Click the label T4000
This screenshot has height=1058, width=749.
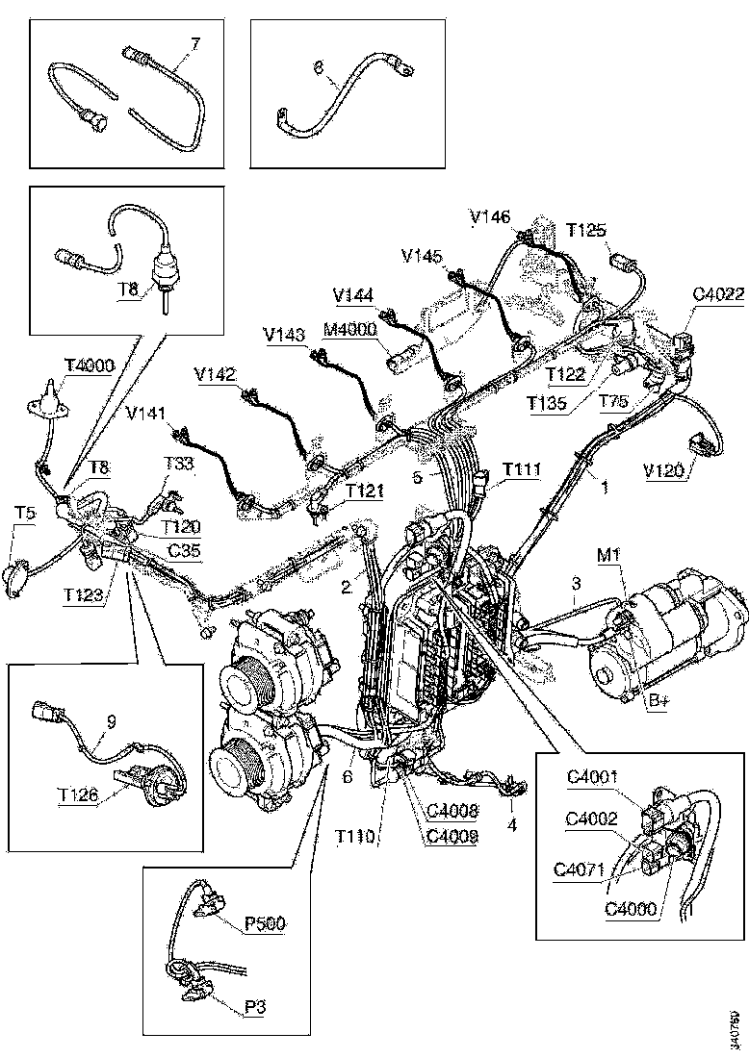pos(90,365)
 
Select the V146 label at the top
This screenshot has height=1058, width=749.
pos(491,218)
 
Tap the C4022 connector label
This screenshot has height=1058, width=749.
pos(717,294)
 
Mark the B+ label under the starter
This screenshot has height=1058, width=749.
pos(659,702)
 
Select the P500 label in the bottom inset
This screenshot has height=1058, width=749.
pos(263,923)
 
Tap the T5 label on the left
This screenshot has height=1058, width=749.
pos(25,513)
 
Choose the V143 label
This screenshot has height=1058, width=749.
pos(284,335)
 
